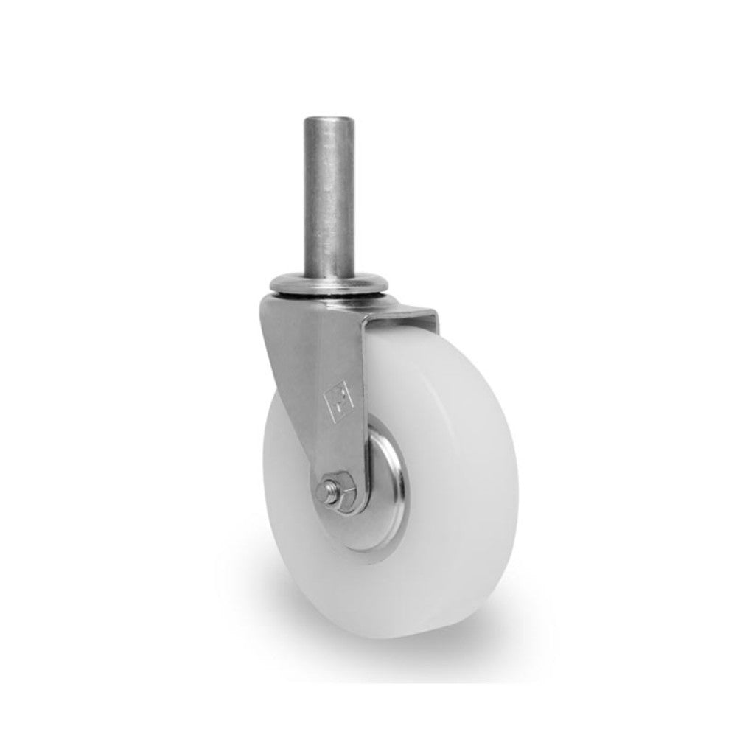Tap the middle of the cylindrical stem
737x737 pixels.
click(329, 195)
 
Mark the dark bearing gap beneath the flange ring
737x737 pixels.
click(329, 298)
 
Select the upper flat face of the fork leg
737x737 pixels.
click(324, 354)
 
